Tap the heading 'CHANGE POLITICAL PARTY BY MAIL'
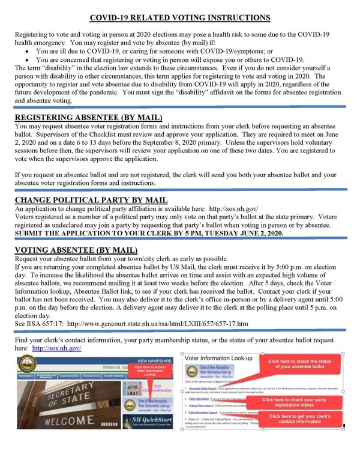point(91,200)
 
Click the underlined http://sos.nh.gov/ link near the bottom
point(57,348)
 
